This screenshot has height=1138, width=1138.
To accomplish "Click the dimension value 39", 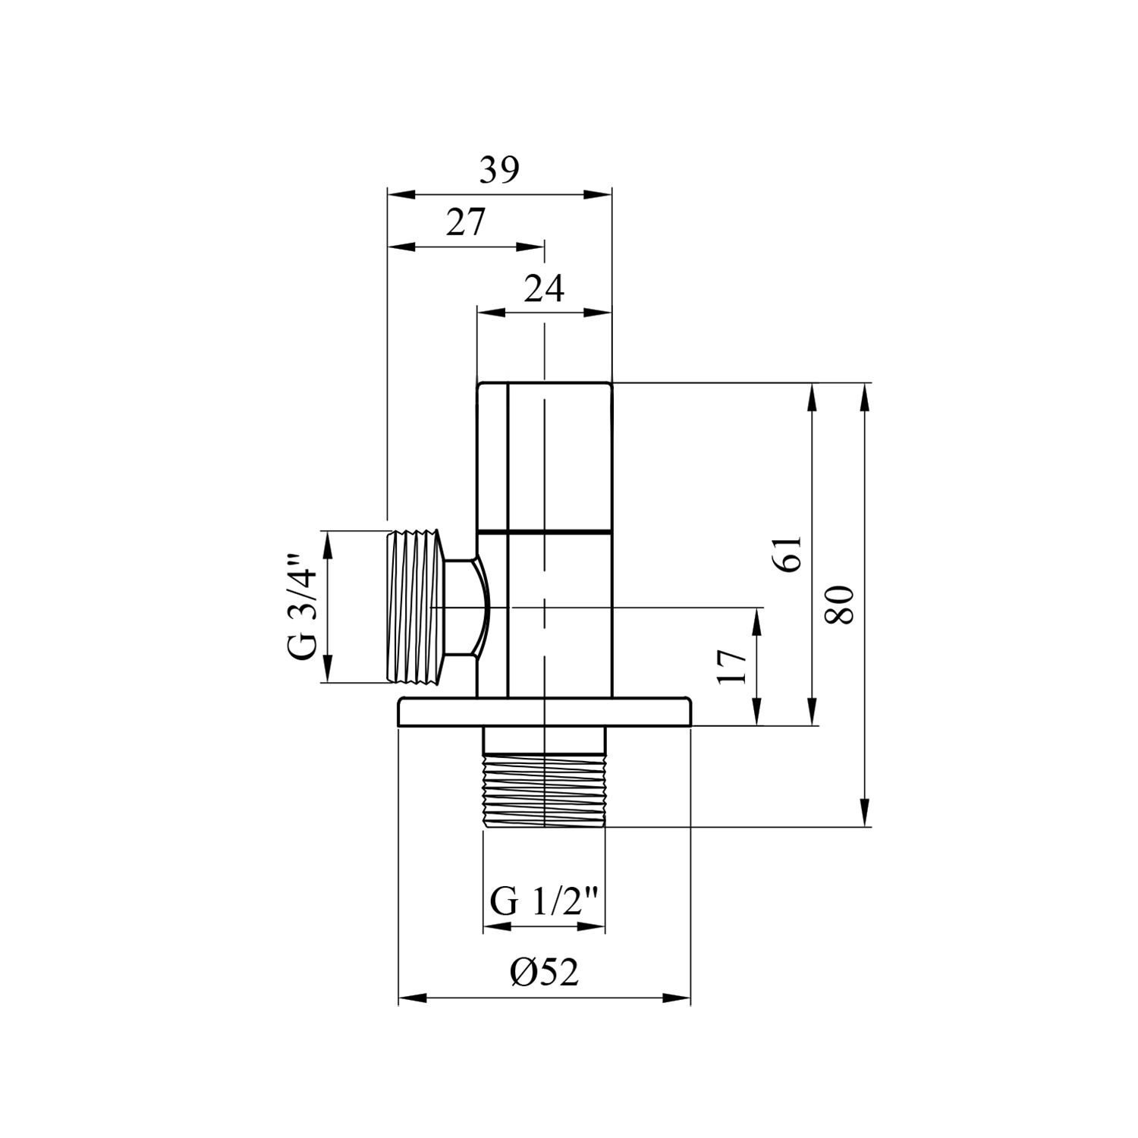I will tap(498, 171).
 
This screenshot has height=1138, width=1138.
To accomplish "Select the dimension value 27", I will tap(464, 223).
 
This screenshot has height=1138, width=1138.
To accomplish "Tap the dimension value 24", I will tap(544, 289).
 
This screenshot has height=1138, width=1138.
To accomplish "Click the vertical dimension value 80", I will tap(841, 604).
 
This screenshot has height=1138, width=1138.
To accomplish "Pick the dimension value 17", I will tap(733, 667).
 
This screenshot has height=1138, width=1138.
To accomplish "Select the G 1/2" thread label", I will tap(545, 903).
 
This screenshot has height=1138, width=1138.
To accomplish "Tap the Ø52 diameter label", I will tap(544, 973).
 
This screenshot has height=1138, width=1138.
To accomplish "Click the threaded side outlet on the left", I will tap(414, 607).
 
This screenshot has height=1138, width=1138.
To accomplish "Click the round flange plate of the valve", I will tap(544, 714).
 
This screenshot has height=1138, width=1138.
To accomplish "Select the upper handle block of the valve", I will tap(544, 455).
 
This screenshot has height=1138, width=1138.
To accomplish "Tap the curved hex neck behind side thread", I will tap(464, 607).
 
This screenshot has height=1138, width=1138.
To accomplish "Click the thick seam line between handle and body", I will tap(544, 530).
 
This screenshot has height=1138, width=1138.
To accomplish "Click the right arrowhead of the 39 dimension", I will tap(599, 195).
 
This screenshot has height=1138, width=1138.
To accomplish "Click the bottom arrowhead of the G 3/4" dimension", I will tap(328, 671).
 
